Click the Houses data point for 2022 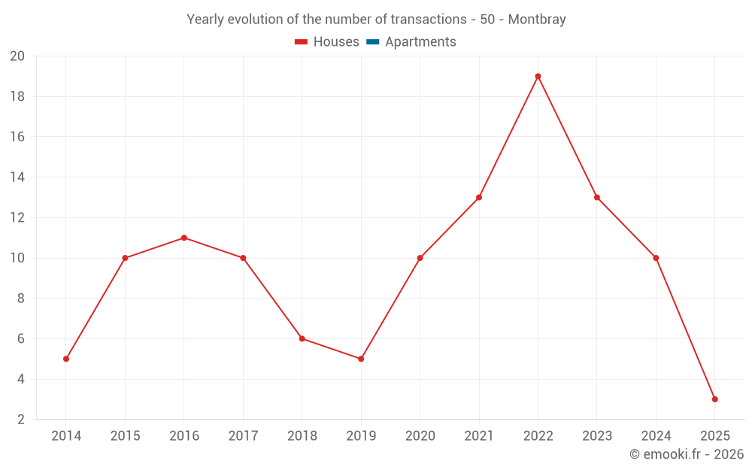pos(538,76)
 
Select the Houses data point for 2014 pos(66,359)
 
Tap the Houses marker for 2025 pos(714,399)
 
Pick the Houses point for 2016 pos(184,238)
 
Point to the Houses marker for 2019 pos(361,359)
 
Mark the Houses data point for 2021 pos(479,198)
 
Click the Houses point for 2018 pos(302,338)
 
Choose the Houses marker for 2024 pos(656,258)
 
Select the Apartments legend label pos(420,42)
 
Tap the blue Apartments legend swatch pos(372,42)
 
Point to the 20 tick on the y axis pos(17,56)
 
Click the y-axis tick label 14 pos(17,177)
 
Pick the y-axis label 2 pos(21,420)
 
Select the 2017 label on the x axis pos(243,436)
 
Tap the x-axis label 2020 pos(420,436)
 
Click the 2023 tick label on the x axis pos(597,436)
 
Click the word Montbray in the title pos(537,20)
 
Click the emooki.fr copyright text pos(687,454)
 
